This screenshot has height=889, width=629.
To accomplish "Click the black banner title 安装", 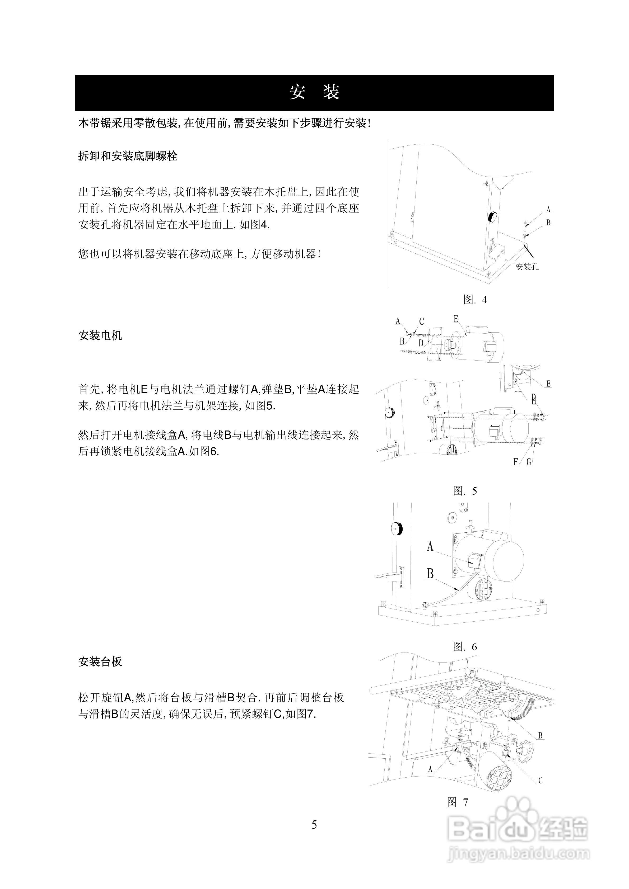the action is point(314,92).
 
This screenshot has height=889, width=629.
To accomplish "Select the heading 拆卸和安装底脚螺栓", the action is point(128,156).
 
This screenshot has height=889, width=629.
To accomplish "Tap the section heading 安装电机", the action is point(100,335).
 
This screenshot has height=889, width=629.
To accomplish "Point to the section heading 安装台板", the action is point(100,662).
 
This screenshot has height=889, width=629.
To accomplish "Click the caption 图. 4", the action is point(475,299).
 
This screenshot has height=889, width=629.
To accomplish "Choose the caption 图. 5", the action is point(465,491).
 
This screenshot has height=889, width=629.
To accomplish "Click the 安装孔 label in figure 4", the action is point(527,267).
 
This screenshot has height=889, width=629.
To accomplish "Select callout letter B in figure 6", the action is point(430,573).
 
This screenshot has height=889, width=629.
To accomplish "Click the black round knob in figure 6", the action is point(397,528).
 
